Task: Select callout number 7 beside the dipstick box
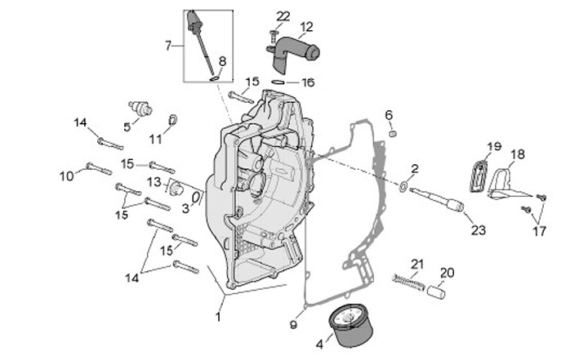pos(169,45)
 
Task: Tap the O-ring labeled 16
pos(279,82)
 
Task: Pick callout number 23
pos(478,230)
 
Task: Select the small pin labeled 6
pos(392,132)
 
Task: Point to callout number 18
pos(518,153)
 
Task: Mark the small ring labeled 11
pos(172,122)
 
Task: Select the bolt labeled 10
pos(97,169)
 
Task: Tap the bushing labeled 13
pos(173,187)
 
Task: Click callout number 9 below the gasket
pos(293,325)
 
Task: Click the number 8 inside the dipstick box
pos(223,60)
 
